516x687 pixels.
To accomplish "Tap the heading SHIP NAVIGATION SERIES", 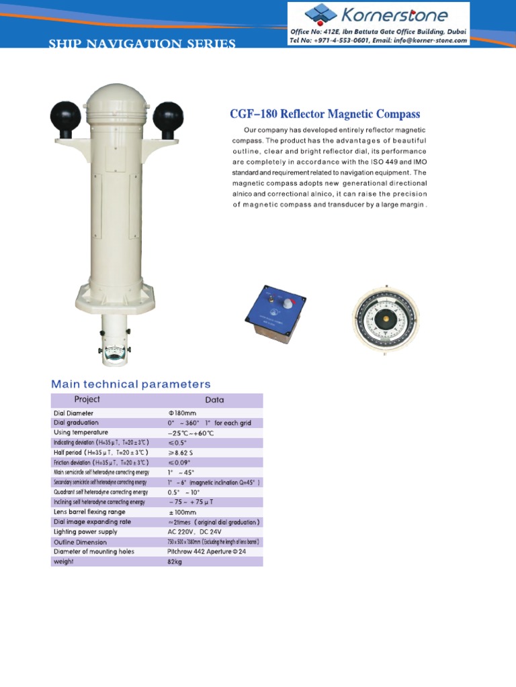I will point(142,44).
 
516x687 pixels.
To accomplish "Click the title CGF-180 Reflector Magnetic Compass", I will point(325,115).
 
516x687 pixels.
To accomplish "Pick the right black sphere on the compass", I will point(167,117).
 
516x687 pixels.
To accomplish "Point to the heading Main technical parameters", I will point(131,384).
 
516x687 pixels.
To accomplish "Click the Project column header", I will point(87,400).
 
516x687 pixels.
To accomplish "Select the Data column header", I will point(214,400).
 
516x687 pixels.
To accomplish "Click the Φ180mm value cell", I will point(181,413).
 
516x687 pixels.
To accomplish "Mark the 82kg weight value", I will point(175,561).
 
